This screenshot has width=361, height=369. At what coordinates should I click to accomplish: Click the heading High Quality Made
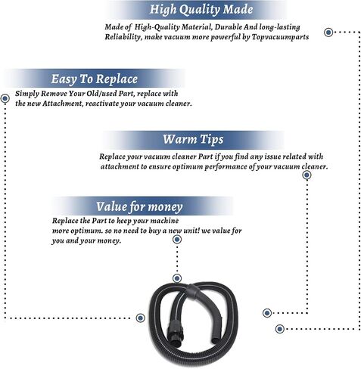(x=201, y=10)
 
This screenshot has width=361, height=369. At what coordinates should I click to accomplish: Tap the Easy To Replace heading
(x=95, y=79)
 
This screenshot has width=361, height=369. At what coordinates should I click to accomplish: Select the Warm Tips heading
(x=193, y=139)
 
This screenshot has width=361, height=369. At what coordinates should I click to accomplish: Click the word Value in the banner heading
(x=112, y=206)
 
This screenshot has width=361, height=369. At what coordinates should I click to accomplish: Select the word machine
(x=164, y=221)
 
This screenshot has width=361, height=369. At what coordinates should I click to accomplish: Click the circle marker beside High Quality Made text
(x=328, y=33)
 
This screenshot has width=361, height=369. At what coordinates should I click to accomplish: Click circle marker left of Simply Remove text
(x=5, y=98)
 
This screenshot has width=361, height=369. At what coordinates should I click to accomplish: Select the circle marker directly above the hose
(x=177, y=278)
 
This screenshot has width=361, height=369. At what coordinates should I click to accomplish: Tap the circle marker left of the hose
(x=140, y=318)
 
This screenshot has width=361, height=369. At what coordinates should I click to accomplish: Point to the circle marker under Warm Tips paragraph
(x=307, y=175)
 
